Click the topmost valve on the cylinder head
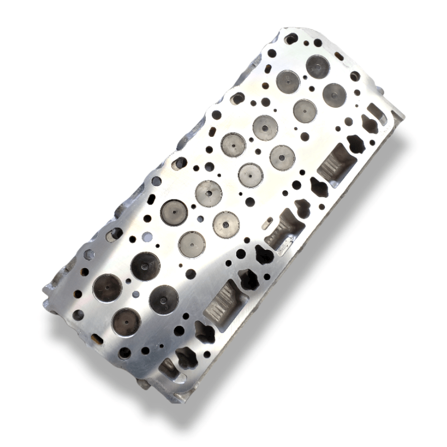[317, 66]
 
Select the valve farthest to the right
[334, 95]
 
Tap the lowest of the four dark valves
[126, 322]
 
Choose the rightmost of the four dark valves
[164, 299]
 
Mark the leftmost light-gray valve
[174, 212]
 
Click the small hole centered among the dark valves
[136, 294]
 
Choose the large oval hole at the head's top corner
[291, 39]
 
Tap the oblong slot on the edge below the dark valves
[97, 338]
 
